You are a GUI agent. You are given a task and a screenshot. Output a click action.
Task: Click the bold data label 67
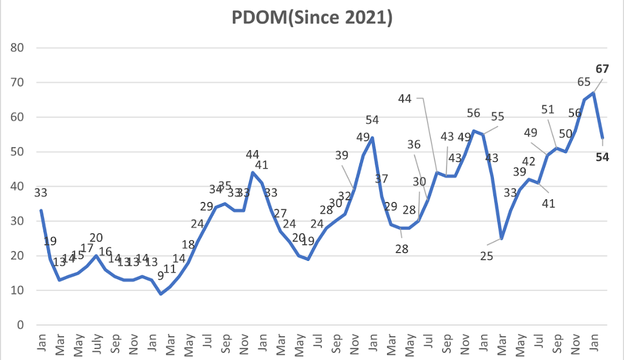(x=602, y=70)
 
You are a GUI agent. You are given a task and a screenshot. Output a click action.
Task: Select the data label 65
(x=583, y=82)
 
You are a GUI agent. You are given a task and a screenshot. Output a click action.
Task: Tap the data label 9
(x=161, y=275)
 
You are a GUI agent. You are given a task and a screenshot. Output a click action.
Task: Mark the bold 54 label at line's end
(x=602, y=157)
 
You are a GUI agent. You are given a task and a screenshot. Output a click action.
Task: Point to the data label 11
(x=169, y=269)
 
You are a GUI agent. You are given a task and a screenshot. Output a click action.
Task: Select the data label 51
(x=548, y=109)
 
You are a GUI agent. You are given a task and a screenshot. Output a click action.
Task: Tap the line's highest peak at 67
(x=594, y=92)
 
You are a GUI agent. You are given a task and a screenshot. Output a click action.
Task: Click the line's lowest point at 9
(x=161, y=294)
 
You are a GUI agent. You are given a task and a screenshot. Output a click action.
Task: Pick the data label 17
(x=87, y=248)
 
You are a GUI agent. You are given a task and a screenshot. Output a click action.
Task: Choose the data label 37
(x=381, y=179)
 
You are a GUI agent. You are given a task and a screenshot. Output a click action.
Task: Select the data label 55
(x=497, y=117)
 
